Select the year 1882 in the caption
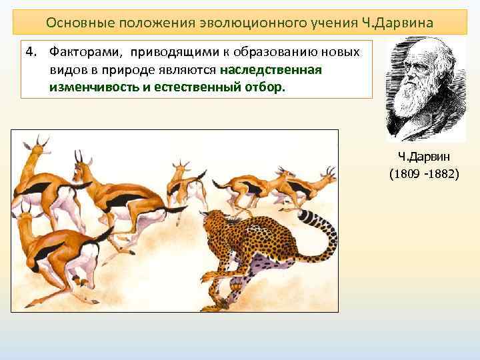tap(442, 175)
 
